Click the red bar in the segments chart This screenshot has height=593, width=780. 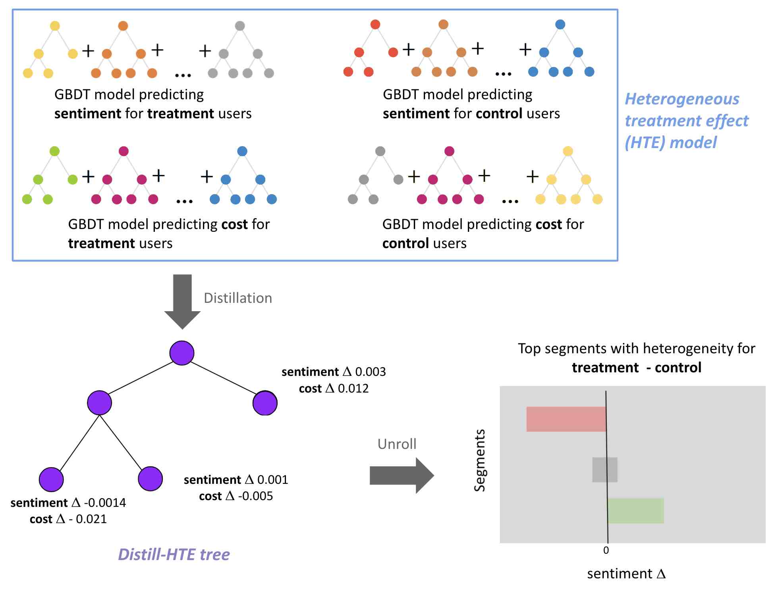coord(566,419)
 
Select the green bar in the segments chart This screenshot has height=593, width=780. coord(635,510)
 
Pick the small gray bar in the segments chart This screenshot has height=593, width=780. coord(604,470)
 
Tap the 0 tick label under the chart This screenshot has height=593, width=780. coord(606,550)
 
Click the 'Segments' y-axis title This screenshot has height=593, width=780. coord(480,460)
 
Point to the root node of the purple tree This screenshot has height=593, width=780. coord(182,353)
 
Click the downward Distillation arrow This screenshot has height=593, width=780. coord(182,302)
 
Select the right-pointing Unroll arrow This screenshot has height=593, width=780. coord(402,475)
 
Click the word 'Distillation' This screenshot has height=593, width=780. coord(238,298)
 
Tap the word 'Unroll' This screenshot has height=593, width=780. coord(397,444)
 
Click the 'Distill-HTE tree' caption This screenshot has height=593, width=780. coord(174,554)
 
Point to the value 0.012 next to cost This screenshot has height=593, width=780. coord(353,388)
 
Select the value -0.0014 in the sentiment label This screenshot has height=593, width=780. coord(105,503)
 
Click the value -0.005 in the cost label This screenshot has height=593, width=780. coord(255,496)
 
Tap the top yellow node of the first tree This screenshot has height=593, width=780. coord(55,26)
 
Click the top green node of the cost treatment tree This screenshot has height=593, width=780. coord(54,151)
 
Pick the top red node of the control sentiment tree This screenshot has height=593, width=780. coord(375,24)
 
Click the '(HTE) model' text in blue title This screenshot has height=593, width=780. coord(671,142)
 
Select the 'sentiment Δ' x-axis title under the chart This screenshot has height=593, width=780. coord(626,574)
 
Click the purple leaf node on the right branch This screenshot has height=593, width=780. coord(265,403)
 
